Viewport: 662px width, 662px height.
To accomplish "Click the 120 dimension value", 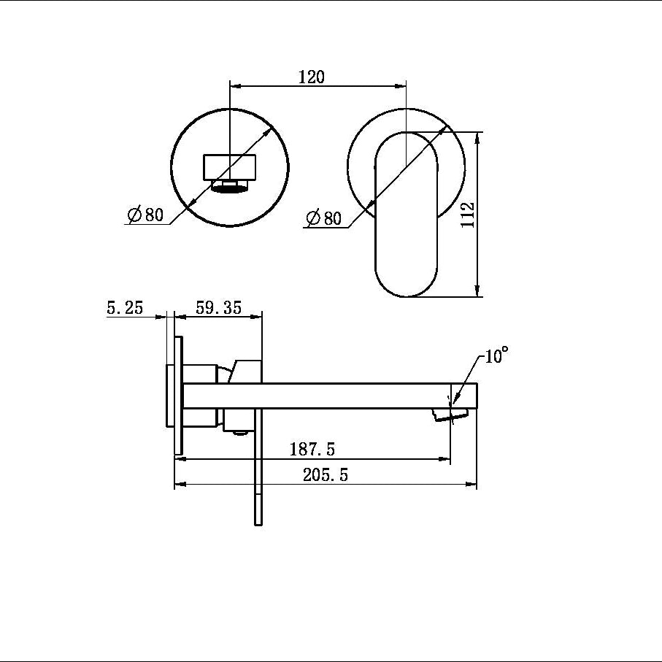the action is pos(312,77).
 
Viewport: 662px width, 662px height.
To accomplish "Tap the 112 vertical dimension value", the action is pos(468,215).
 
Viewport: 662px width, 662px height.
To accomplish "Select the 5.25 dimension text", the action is pos(125,307).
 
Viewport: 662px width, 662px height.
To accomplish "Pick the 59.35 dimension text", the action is pos(219,307).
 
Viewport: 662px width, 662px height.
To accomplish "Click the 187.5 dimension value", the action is pos(312,449).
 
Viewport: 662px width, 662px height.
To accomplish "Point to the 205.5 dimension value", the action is pos(326,475).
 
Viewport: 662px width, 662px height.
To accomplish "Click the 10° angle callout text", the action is pos(496,355).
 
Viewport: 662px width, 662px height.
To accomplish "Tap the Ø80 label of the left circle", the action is pos(145,215).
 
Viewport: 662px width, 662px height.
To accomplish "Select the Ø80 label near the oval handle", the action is pos(323,218).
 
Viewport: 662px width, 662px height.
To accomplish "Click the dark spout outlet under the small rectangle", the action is pos(230,186).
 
